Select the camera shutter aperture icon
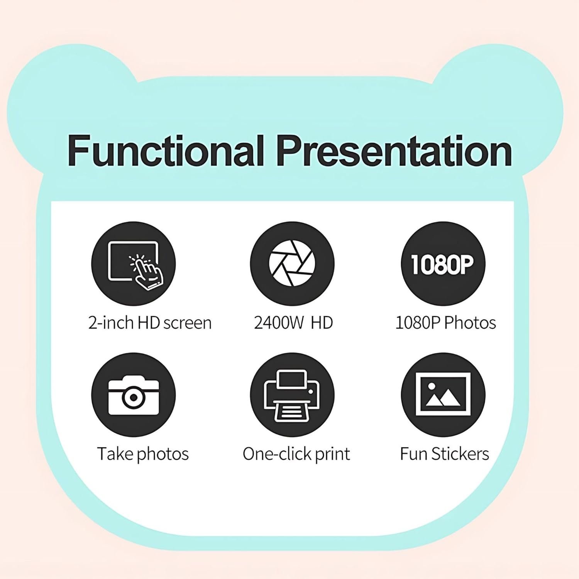[292, 264]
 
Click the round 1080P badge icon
[443, 264]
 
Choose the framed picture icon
[443, 395]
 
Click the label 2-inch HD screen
[150, 323]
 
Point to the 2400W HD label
[293, 323]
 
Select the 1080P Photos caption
[445, 323]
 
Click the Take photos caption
[143, 454]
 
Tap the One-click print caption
[296, 454]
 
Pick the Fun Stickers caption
[444, 454]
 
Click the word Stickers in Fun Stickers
[460, 454]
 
